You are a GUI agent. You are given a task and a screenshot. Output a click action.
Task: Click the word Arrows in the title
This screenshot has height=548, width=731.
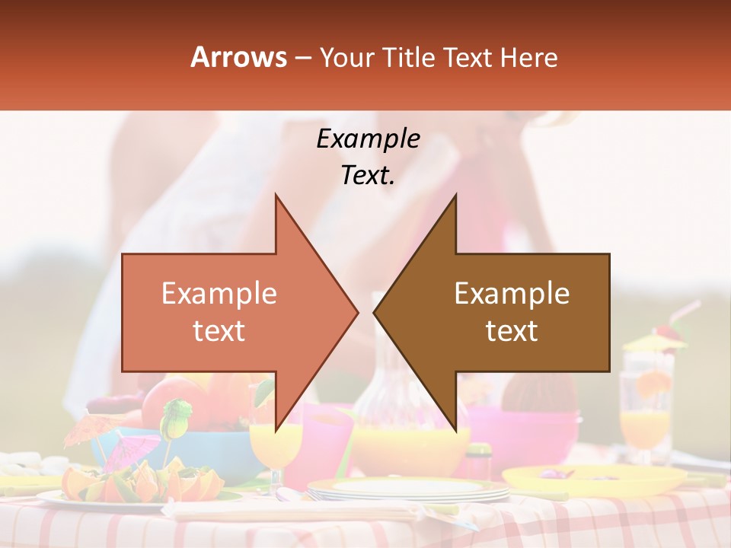(x=239, y=57)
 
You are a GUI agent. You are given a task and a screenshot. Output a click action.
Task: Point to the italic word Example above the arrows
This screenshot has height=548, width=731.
(x=368, y=139)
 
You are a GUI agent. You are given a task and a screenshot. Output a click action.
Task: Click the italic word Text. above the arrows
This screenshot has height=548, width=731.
(x=368, y=176)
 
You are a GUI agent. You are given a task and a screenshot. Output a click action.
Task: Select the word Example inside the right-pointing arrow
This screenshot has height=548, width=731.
(x=219, y=294)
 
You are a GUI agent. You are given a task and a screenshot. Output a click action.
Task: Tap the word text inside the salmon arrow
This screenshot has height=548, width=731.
(x=219, y=331)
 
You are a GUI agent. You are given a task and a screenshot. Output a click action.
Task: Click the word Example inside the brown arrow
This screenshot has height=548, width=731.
(x=512, y=294)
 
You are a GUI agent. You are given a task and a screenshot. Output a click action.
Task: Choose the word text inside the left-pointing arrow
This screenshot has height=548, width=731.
(x=512, y=331)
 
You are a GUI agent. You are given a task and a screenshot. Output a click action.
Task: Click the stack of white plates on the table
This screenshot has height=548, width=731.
(x=407, y=490)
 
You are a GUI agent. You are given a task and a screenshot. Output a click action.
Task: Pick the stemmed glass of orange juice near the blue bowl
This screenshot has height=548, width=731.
(x=275, y=449)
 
